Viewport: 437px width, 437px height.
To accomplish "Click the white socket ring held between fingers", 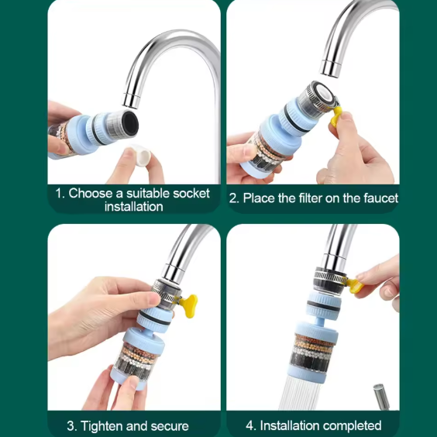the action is [141, 155].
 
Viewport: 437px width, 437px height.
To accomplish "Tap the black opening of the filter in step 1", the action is [130, 122].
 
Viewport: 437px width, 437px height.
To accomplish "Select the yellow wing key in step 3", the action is [188, 306].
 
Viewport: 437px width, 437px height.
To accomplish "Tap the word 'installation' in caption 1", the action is [134, 207].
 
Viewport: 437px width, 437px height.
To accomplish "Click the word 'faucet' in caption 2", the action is [380, 198].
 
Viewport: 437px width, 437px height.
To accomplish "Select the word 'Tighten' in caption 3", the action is [102, 426].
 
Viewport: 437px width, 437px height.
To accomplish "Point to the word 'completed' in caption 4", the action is [353, 425].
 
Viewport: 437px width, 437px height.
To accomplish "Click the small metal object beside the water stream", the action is [381, 396].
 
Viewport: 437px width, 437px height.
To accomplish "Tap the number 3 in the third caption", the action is [71, 426].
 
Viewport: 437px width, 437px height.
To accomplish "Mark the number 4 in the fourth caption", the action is [249, 425].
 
